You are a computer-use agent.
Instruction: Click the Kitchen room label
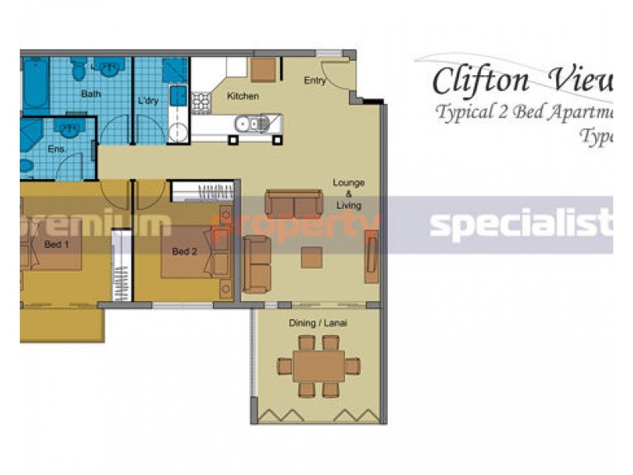click(243, 97)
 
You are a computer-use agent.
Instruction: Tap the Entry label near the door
click(315, 81)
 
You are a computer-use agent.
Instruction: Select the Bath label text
click(91, 94)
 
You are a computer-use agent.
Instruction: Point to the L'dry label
click(149, 102)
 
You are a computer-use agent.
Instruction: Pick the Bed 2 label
click(184, 252)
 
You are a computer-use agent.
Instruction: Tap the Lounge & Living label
click(348, 194)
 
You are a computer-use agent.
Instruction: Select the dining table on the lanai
click(318, 367)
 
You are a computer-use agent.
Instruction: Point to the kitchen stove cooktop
click(201, 102)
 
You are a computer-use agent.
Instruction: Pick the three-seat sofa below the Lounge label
click(294, 204)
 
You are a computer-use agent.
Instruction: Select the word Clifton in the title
click(475, 82)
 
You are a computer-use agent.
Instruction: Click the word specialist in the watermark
click(520, 225)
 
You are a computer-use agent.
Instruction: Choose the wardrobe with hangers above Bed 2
click(203, 192)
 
